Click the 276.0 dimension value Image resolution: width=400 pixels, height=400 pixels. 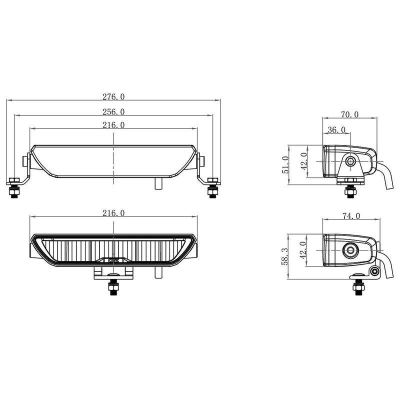(114, 96)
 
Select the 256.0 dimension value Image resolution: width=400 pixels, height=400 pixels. (114, 111)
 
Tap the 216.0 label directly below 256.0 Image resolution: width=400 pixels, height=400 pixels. (114, 125)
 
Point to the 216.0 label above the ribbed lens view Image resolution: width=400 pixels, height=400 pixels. (114, 213)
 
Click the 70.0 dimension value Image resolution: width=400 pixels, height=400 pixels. (350, 114)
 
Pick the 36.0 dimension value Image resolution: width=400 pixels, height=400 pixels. (336, 130)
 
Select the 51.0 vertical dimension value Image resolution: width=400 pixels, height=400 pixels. (285, 164)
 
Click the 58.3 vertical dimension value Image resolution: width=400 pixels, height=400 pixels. (285, 256)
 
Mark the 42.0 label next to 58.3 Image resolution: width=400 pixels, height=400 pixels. (302, 250)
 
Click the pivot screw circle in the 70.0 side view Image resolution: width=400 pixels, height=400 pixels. (350, 161)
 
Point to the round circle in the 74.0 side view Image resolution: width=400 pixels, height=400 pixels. (350, 249)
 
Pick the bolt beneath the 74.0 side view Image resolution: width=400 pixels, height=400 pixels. (358, 286)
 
